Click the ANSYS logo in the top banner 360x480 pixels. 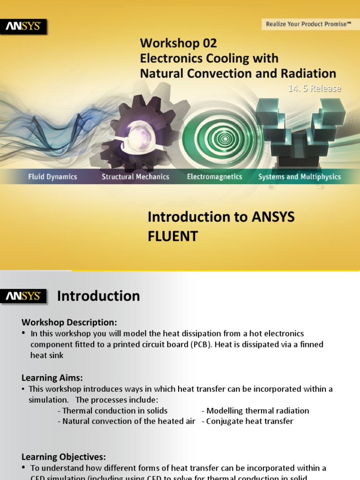pos(23,27)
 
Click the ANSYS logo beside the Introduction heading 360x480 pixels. pos(23,296)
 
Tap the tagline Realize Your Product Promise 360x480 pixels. pos(308,24)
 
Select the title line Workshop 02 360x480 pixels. pos(179,44)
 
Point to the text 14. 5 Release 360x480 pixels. pos(315,88)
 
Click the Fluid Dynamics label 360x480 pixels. pos(52,177)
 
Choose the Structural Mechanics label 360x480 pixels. pos(135,177)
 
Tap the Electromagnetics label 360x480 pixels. pos(215,177)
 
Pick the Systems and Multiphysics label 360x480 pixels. pos(300,177)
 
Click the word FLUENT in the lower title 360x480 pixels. pos(173,236)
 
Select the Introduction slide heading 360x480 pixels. pos(98,296)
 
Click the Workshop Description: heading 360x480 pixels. pos(69,322)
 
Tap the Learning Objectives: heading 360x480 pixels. pos(64,457)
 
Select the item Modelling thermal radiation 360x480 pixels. pos(257,411)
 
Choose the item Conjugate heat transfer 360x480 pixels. pos(249,421)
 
